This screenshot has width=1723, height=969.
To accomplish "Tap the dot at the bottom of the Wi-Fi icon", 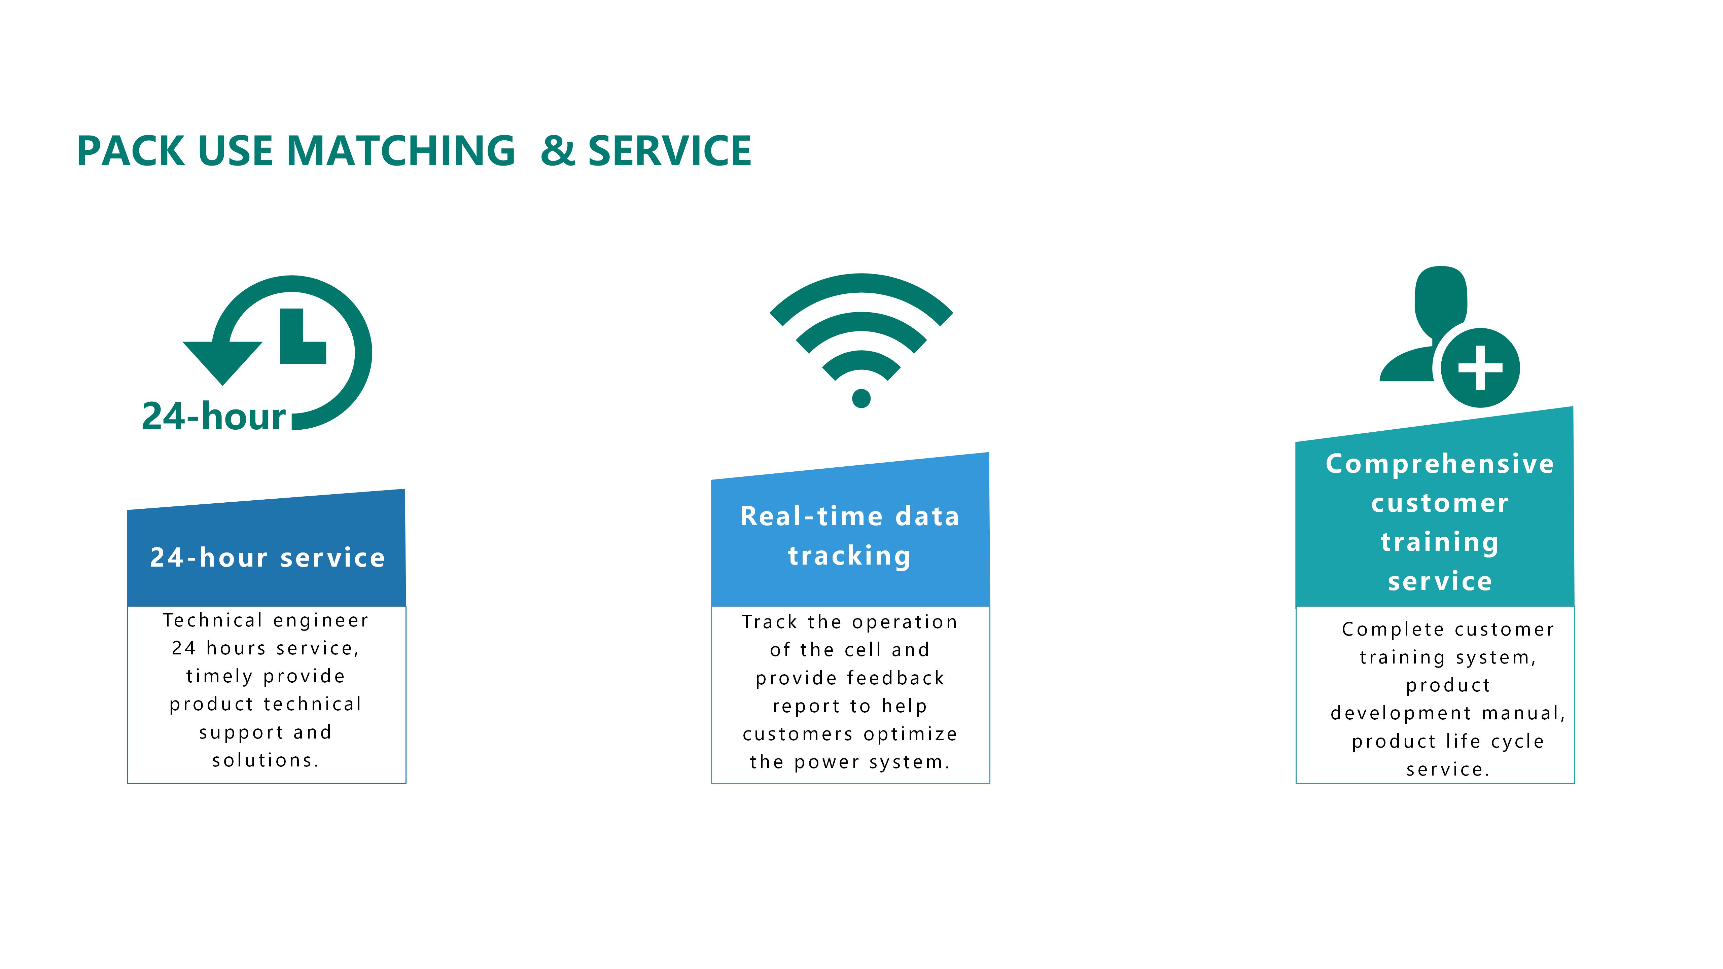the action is coord(861,399).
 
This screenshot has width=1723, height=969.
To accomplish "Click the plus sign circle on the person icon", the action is coord(1480,368).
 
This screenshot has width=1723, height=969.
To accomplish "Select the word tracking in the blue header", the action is coord(849,556).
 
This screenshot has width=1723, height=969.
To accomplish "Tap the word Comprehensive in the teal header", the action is coord(1440,463).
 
